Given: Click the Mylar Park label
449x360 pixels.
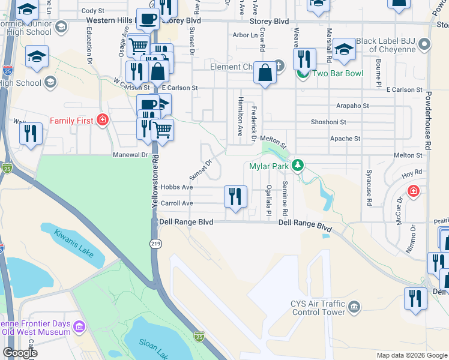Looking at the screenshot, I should tap(268, 166).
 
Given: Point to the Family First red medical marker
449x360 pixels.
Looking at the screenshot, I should tap(102, 121).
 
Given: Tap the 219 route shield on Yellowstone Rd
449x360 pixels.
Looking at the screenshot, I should tap(154, 242).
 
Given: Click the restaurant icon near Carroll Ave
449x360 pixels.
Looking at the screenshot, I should tap(235, 196).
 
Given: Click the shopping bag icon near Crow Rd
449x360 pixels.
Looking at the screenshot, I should tap(265, 74).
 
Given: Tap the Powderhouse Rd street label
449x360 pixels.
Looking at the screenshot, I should tap(428, 120).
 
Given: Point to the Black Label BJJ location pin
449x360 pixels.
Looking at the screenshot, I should tap(425, 45).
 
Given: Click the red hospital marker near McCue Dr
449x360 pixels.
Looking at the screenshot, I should tap(413, 191).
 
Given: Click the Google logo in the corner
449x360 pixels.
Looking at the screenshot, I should tap(20, 353).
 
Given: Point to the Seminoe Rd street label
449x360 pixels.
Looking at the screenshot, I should tap(285, 199).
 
